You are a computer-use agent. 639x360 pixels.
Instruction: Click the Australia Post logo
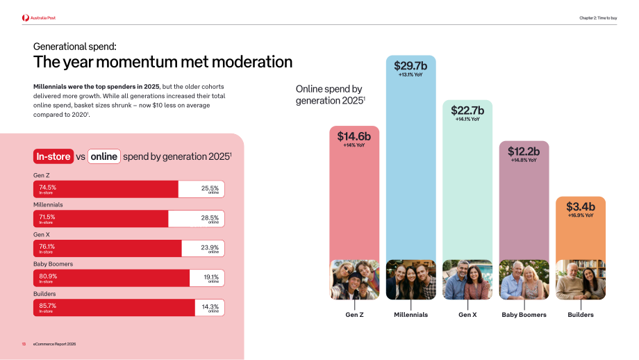click(x=39, y=18)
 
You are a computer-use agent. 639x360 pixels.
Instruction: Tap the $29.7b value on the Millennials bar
click(x=410, y=65)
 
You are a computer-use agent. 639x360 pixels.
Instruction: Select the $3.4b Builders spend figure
click(x=581, y=206)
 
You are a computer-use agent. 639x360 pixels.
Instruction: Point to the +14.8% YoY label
click(x=524, y=161)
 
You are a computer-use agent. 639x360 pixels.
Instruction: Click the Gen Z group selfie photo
click(x=354, y=279)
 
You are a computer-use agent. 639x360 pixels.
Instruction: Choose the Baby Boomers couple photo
click(x=524, y=279)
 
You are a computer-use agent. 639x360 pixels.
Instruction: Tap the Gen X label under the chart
click(x=467, y=315)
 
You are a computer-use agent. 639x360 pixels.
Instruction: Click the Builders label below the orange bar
click(x=581, y=315)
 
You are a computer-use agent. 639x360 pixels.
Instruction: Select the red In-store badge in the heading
click(x=53, y=156)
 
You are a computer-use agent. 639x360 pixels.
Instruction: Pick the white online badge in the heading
click(x=104, y=156)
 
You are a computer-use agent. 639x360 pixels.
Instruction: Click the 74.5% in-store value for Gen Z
click(x=48, y=188)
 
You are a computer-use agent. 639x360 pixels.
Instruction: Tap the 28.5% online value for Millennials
click(x=210, y=218)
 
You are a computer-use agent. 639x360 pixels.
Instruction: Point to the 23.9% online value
click(x=210, y=247)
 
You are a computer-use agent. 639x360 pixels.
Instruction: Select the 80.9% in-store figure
click(x=48, y=276)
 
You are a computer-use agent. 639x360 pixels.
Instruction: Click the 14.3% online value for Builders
click(x=210, y=306)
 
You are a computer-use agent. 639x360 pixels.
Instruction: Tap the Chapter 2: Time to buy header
click(x=598, y=18)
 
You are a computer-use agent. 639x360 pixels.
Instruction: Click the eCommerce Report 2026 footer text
click(x=55, y=344)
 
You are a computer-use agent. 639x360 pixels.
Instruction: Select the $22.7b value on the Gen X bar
click(x=467, y=111)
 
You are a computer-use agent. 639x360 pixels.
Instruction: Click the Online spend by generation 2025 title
click(x=330, y=95)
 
